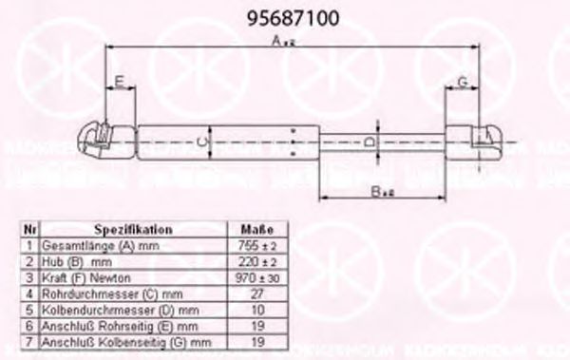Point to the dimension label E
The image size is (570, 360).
pyautogui.click(x=119, y=80)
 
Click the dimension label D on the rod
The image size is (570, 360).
pyautogui.click(x=370, y=142)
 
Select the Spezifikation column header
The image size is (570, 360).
pyautogui.click(x=133, y=230)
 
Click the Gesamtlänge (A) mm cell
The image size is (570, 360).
pyautogui.click(x=89, y=245)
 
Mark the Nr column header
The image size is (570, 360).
pyautogui.click(x=29, y=230)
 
